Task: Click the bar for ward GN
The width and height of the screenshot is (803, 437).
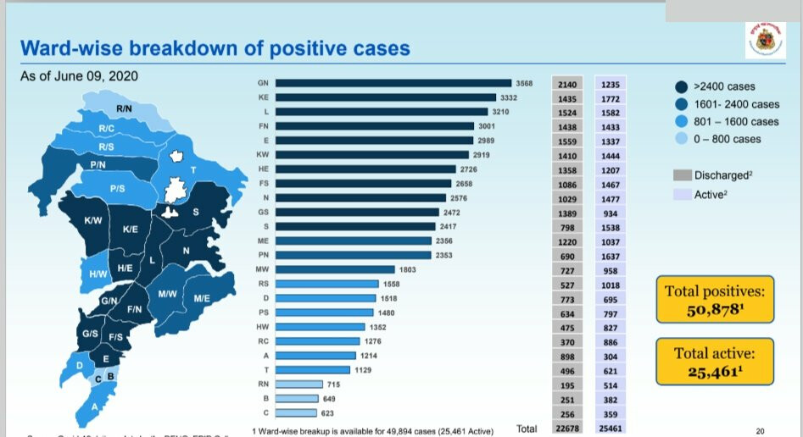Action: (394, 84)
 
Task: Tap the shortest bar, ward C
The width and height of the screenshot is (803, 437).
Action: (297, 413)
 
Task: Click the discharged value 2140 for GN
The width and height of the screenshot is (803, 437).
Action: (568, 85)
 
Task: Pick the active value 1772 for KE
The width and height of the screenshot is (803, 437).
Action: (610, 99)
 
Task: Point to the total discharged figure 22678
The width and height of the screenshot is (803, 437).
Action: (568, 429)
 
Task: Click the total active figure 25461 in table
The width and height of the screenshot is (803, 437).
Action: (610, 429)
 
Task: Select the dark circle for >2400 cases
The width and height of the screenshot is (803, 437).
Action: (681, 86)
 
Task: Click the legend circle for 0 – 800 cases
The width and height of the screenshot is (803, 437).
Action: (681, 139)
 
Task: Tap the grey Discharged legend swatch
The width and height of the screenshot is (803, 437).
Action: (682, 175)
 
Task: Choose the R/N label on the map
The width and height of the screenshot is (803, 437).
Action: (124, 109)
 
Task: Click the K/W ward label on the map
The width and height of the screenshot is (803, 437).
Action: (93, 221)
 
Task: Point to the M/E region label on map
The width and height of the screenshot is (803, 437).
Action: (202, 298)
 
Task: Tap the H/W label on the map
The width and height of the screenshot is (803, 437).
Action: (98, 274)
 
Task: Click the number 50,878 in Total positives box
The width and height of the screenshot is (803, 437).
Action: (714, 310)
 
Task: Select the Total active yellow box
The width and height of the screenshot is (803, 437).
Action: (714, 362)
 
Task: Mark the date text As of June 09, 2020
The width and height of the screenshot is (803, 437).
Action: (79, 76)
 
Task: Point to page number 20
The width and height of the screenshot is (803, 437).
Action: (759, 430)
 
